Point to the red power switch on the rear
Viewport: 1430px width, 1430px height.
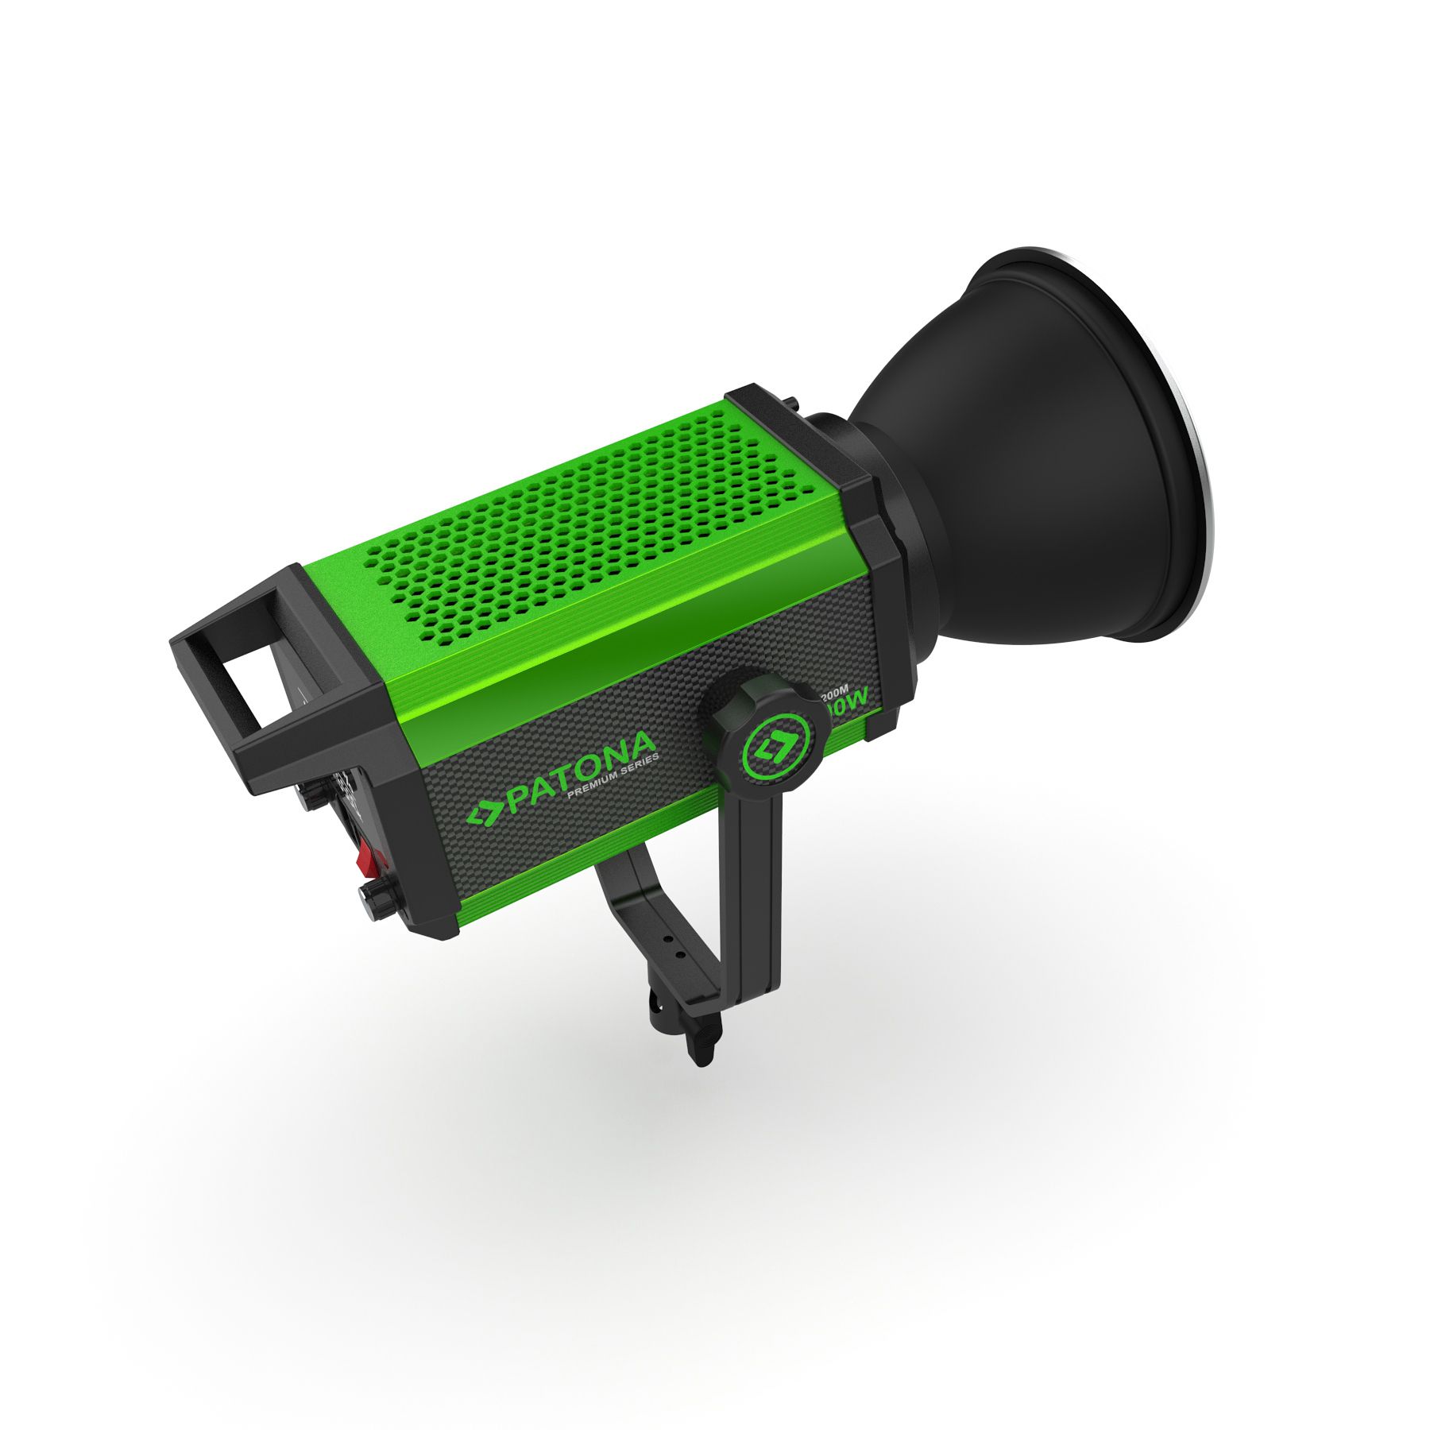[x=368, y=856]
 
